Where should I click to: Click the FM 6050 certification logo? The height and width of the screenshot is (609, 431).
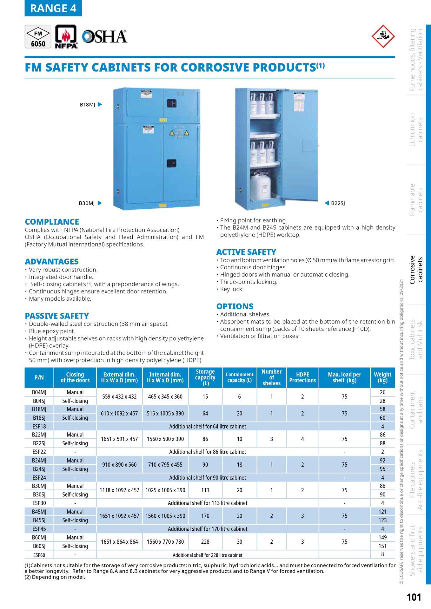[x=38, y=37]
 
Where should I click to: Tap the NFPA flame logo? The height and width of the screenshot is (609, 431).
[x=66, y=37]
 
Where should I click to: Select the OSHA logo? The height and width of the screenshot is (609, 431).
[x=105, y=37]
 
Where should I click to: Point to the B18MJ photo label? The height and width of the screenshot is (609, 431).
[x=88, y=105]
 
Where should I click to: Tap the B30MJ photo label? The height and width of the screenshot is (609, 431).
[x=87, y=203]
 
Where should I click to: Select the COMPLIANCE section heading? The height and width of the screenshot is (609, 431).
[x=52, y=222]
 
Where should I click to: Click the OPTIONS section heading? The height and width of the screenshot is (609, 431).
[x=235, y=306]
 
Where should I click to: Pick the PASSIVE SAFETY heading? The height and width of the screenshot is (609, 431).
[x=57, y=316]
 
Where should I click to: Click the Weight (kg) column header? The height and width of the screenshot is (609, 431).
[x=382, y=377]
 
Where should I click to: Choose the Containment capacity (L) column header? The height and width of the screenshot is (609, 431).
[x=239, y=377]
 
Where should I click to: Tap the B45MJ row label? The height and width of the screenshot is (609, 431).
[x=39, y=512]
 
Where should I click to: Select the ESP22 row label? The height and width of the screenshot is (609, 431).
[x=39, y=452]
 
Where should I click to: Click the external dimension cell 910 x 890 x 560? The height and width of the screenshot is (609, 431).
[x=119, y=465]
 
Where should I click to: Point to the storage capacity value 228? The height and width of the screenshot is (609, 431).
[x=205, y=542]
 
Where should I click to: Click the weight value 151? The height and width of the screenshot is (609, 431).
[x=382, y=546]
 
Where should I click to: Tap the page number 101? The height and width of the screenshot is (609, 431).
[x=414, y=597]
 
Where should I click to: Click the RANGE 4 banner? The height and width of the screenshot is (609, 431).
[x=53, y=8]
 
